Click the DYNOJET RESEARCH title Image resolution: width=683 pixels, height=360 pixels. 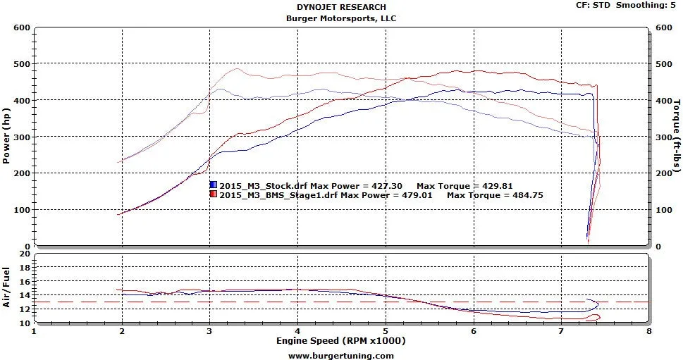[341, 7]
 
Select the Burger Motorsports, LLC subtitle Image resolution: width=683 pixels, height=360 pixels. [341, 18]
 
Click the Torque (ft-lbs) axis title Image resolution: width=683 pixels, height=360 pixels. [677, 136]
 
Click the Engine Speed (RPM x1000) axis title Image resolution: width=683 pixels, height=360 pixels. [341, 341]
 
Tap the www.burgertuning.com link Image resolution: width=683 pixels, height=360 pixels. [341, 355]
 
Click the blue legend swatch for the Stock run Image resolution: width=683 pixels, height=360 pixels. [213, 185]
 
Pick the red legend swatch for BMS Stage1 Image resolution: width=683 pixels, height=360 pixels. [213, 194]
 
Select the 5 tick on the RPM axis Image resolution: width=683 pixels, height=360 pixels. [386, 331]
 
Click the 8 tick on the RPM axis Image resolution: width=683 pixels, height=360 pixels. [648, 331]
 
